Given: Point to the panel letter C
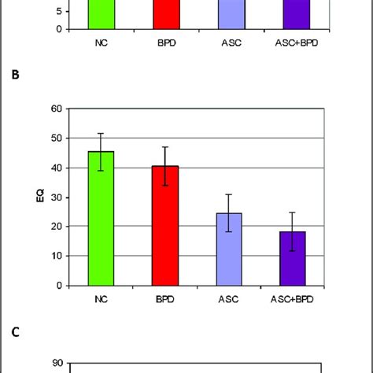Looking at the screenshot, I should tap(14, 331).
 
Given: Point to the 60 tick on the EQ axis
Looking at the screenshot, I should tap(56, 108).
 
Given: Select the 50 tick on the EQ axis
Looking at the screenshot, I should tap(56, 138).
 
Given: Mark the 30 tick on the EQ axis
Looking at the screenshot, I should tap(56, 197).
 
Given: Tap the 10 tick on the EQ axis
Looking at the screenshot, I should tap(56, 256).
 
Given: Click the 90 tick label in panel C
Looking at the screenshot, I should tap(56, 364).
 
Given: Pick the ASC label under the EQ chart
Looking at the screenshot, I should tap(229, 299).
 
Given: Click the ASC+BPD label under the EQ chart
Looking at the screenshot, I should tap(294, 299).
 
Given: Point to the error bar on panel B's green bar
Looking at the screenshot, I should tap(100, 142).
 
